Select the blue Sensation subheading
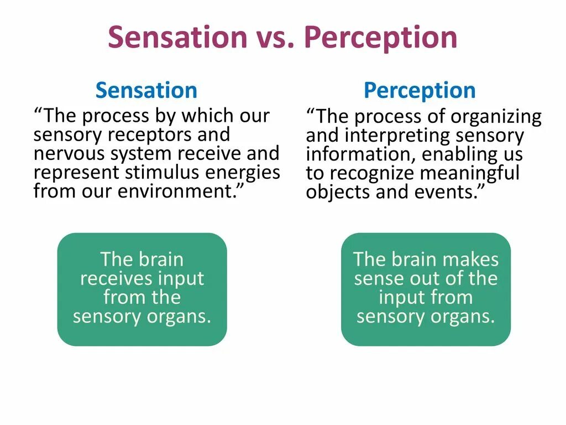coord(146,90)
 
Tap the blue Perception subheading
coord(420,90)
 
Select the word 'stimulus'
coord(165,173)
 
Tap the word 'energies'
coord(243,173)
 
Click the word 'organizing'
coord(496,117)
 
